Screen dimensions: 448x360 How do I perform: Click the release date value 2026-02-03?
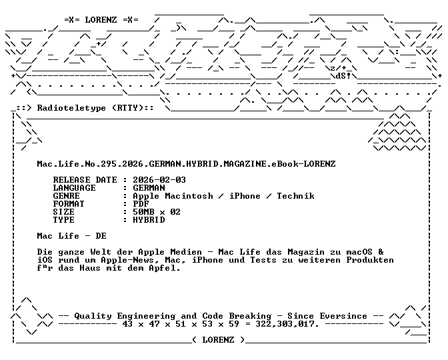click(x=159, y=180)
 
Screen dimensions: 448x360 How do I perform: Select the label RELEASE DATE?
click(x=85, y=180)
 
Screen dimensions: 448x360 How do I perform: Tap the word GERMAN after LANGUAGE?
click(x=149, y=188)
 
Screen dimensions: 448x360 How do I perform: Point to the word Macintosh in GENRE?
click(x=189, y=196)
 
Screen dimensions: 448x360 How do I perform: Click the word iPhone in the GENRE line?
click(x=245, y=196)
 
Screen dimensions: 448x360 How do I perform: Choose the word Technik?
click(x=295, y=196)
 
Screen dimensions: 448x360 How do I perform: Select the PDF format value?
click(x=141, y=204)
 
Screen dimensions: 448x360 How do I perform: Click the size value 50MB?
click(x=143, y=212)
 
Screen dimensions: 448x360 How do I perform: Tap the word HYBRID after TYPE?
click(x=149, y=220)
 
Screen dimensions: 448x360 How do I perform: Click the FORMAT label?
click(x=69, y=204)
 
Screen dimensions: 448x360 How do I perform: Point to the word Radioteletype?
click(x=71, y=108)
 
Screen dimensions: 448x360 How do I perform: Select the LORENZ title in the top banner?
click(x=101, y=20)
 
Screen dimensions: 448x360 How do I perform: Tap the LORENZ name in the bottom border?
click(x=218, y=340)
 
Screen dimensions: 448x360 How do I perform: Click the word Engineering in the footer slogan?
click(x=146, y=316)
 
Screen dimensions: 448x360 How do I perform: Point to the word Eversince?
click(x=343, y=316)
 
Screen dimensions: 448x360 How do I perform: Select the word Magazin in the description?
click(x=306, y=252)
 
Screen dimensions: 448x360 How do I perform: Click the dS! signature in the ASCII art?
click(x=343, y=76)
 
